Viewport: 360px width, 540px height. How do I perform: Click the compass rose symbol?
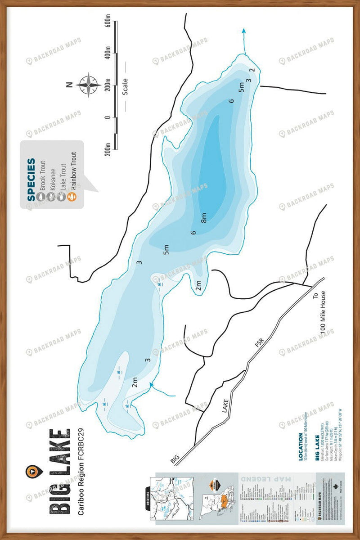tap(89, 84)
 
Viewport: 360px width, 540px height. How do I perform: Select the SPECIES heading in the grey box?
tap(31, 179)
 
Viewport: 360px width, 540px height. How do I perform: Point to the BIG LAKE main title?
tap(60, 471)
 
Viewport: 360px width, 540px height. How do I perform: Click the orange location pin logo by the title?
tap(32, 471)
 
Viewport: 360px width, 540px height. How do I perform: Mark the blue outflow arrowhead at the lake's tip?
tap(244, 31)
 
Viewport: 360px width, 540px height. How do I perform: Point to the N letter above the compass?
tap(69, 84)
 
